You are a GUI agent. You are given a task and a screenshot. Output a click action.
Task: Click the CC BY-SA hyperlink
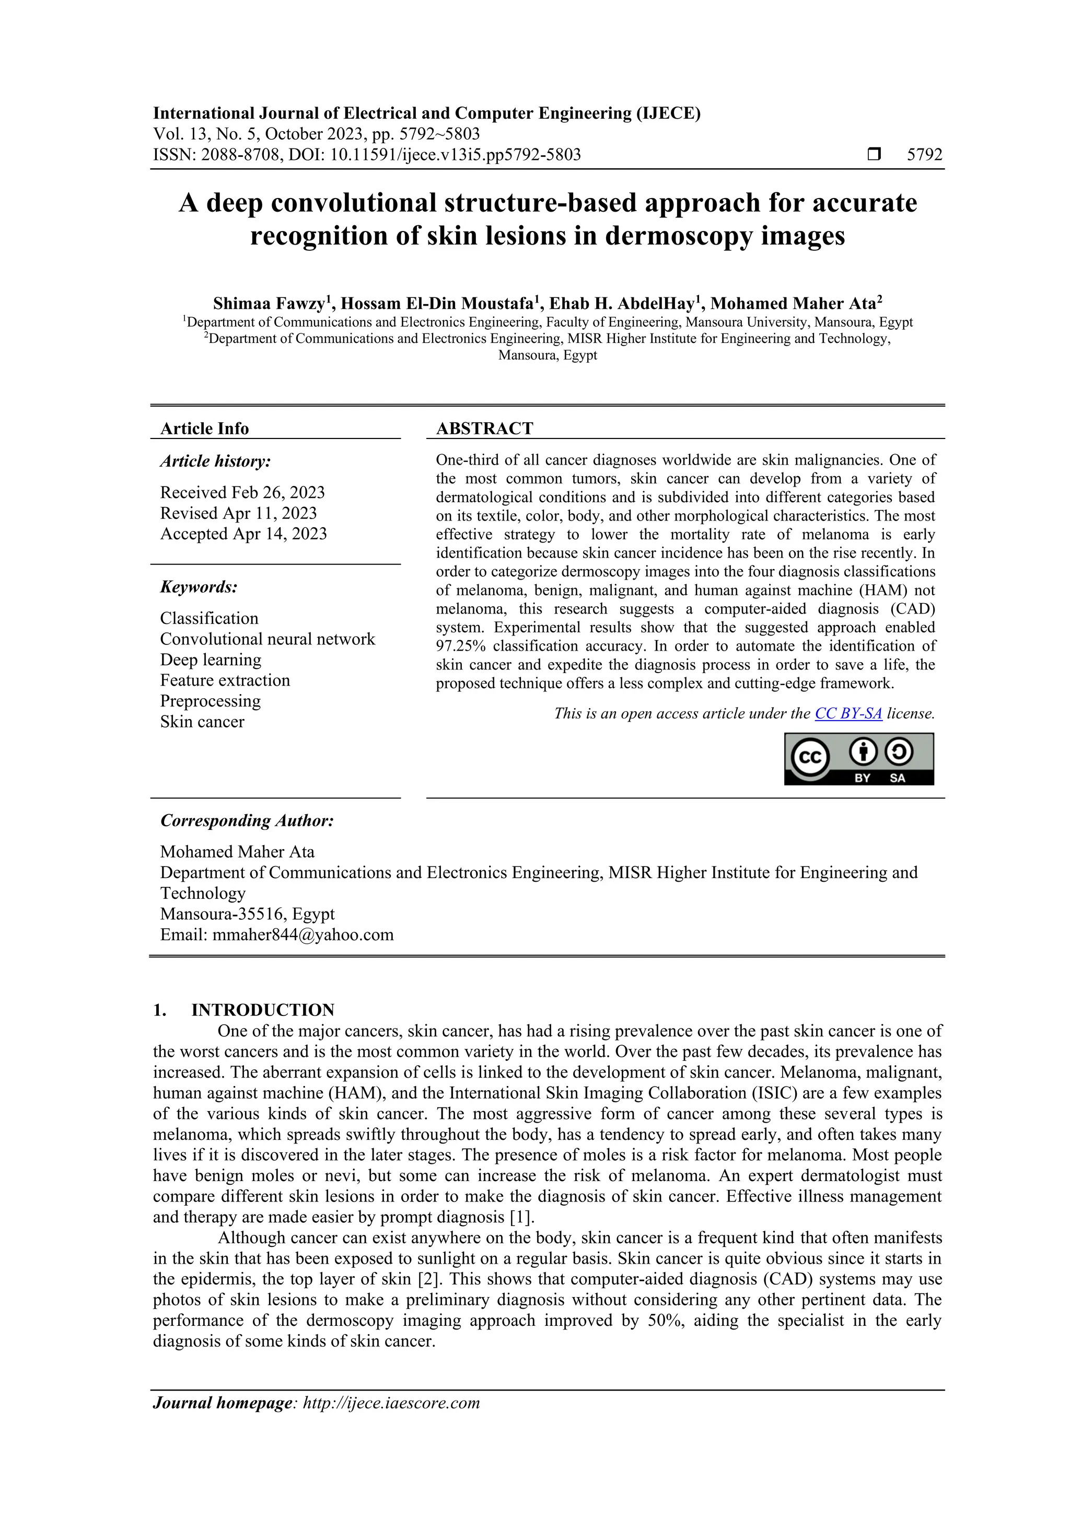[848, 713]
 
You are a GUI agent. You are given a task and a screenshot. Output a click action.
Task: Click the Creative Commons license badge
[858, 759]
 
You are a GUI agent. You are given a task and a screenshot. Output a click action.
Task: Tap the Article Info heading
[204, 429]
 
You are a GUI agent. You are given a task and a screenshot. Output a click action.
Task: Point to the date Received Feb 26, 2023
[242, 493]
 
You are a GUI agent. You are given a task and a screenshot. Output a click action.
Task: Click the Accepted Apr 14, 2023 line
[243, 534]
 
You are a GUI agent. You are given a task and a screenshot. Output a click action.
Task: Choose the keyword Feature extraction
[225, 680]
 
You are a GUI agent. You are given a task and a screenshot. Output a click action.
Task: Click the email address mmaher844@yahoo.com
[303, 934]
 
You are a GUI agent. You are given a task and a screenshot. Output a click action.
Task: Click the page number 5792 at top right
[924, 155]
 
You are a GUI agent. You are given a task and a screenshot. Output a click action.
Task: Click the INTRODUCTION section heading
[262, 1010]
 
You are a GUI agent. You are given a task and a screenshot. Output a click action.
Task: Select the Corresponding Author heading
[247, 821]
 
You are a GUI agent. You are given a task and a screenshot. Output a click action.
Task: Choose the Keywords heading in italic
[199, 587]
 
